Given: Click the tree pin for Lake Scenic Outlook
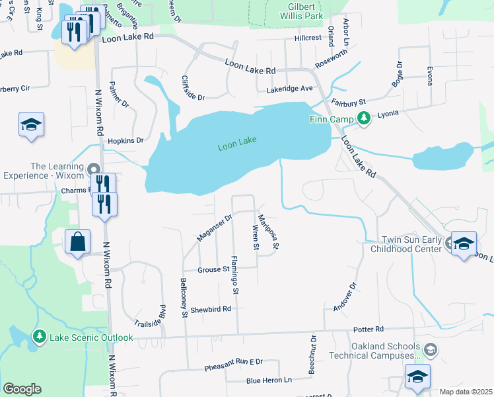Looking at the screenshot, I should (x=40, y=337).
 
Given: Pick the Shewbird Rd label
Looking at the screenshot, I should (x=211, y=309).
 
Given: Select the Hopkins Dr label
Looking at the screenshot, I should (x=125, y=140).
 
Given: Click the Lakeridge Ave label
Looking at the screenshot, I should (x=289, y=89).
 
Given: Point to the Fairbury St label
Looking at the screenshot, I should (x=349, y=103).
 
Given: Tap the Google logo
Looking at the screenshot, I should (x=22, y=389).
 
